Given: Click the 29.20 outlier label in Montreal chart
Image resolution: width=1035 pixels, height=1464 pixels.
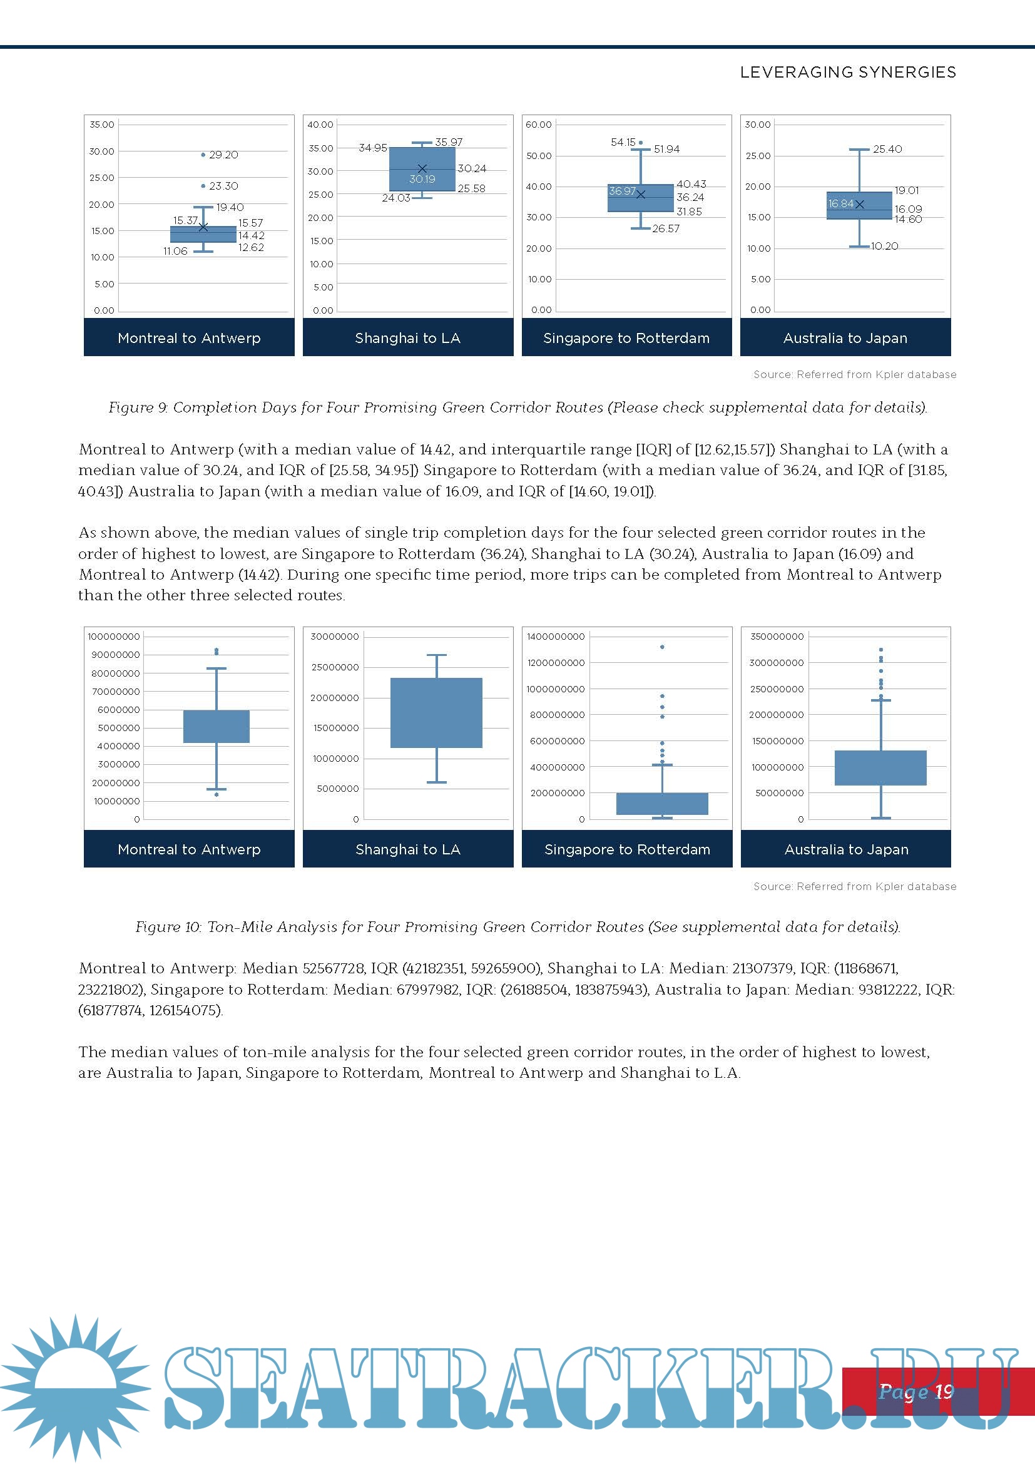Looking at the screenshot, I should [x=223, y=155].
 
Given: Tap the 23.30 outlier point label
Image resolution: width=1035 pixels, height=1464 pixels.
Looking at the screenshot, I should [x=223, y=186].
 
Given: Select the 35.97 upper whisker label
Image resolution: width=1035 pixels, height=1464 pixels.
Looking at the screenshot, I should [x=449, y=142].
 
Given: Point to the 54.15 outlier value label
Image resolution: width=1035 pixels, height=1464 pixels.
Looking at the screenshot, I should [x=623, y=142].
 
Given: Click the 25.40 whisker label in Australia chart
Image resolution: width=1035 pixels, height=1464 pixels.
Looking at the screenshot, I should [x=887, y=149].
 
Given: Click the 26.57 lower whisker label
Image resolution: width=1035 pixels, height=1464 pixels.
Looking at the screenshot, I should [x=665, y=228].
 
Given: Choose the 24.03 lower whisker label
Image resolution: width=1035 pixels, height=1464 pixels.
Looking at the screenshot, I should [x=395, y=198].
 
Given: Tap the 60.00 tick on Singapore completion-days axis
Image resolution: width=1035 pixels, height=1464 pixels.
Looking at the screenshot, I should [x=539, y=125].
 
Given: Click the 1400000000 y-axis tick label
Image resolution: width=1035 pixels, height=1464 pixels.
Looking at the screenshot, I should [x=555, y=637].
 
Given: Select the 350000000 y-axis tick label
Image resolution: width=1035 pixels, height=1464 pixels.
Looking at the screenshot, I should [x=776, y=637].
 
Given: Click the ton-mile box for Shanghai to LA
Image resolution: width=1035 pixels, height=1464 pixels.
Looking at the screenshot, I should [x=436, y=712].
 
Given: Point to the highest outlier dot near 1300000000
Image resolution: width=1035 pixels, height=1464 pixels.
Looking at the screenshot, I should [x=662, y=647].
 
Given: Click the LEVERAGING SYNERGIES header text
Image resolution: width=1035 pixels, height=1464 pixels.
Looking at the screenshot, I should [x=848, y=72].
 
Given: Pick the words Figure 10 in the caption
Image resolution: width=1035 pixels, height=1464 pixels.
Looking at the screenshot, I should [x=168, y=927].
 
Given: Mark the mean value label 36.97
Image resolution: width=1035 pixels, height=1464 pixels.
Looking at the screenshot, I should [x=621, y=191].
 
